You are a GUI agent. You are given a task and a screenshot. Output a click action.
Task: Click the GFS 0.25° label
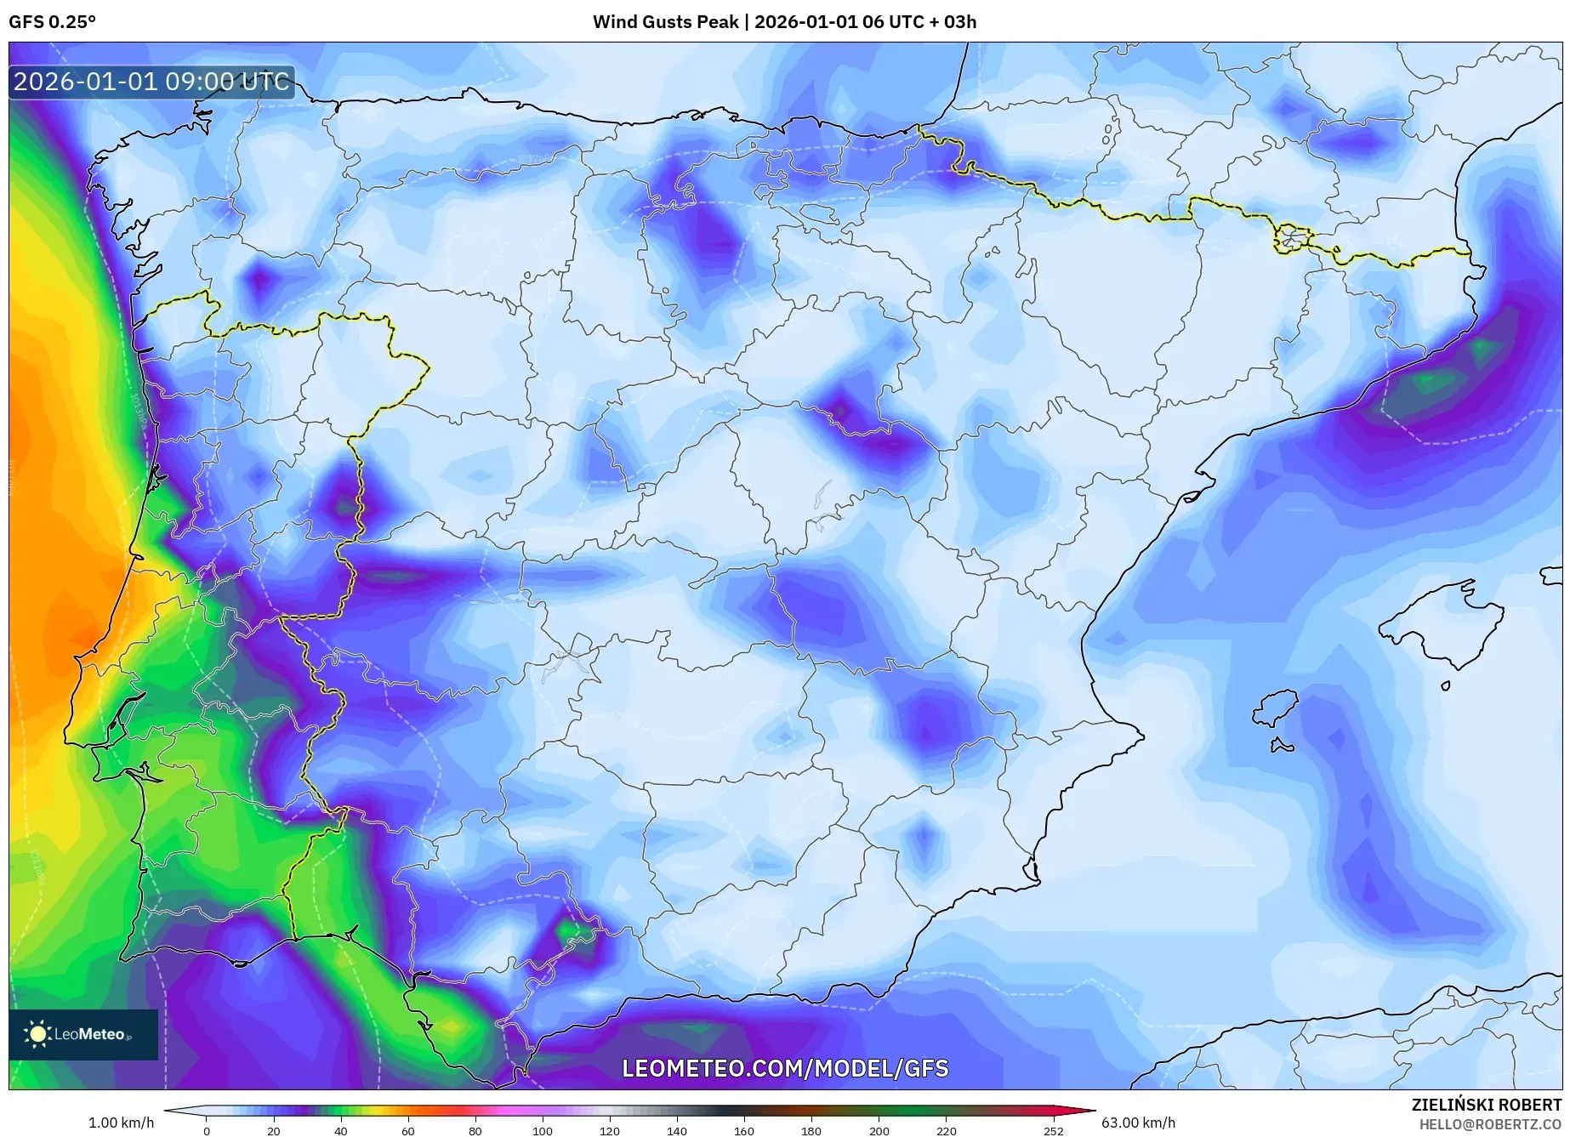52,22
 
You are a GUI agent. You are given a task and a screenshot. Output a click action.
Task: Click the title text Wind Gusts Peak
665,22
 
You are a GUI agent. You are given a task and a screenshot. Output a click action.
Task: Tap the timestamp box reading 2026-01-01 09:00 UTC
151,82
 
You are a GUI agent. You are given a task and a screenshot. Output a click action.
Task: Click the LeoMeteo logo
82,1034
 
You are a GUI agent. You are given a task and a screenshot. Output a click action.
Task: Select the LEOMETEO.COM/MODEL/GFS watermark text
784,1068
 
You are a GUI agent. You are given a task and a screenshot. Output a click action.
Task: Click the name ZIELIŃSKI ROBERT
1486,1105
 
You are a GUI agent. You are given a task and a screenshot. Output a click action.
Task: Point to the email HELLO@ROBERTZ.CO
1489,1124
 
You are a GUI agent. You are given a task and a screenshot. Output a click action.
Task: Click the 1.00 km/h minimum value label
121,1123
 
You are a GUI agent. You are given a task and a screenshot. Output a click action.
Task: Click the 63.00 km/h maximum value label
1138,1123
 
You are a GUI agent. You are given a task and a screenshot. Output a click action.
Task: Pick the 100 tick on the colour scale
542,1131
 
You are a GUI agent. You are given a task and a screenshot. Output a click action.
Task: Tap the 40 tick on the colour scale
340,1131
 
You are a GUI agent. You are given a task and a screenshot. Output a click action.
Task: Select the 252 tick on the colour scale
1053,1131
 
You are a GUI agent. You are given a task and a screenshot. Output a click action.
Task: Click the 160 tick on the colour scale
743,1131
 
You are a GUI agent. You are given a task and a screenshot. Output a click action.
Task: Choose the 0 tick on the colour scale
206,1131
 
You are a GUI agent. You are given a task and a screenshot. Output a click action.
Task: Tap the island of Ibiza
1276,708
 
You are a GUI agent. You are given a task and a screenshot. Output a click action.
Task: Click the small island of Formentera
1282,747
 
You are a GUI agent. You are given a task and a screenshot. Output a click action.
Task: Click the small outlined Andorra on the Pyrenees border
1292,239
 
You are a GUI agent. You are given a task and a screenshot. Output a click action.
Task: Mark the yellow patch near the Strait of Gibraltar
451,1026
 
